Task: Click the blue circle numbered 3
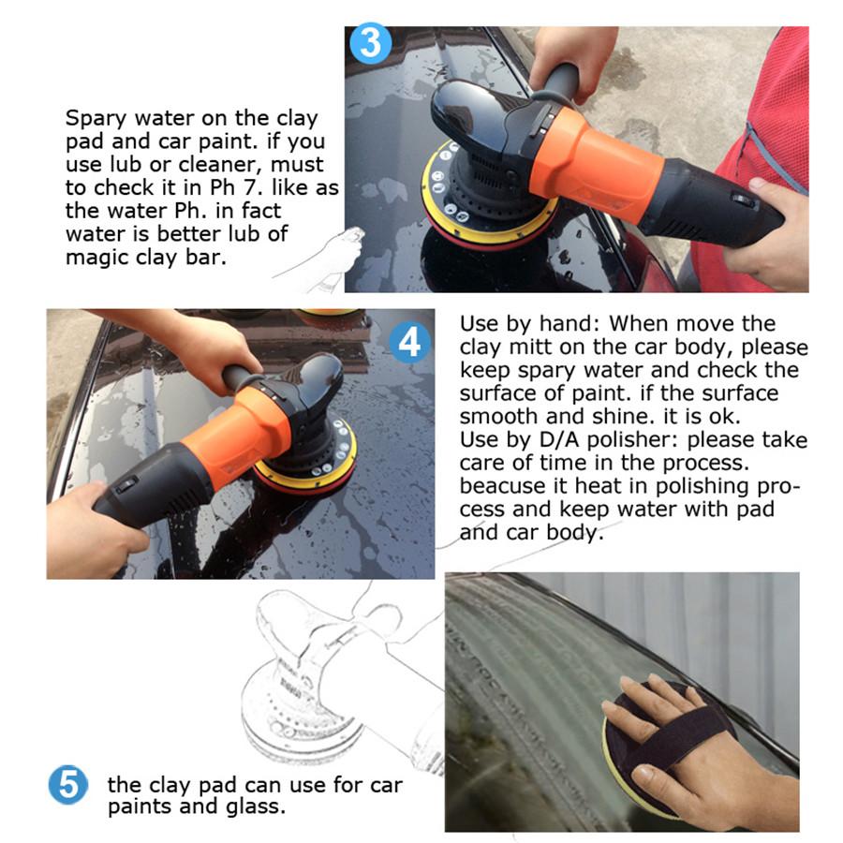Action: [370, 43]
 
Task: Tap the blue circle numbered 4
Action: [409, 342]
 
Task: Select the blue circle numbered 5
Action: [68, 784]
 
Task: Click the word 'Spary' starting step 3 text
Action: [96, 119]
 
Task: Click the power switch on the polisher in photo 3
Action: [745, 200]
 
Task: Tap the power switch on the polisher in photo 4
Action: [126, 485]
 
